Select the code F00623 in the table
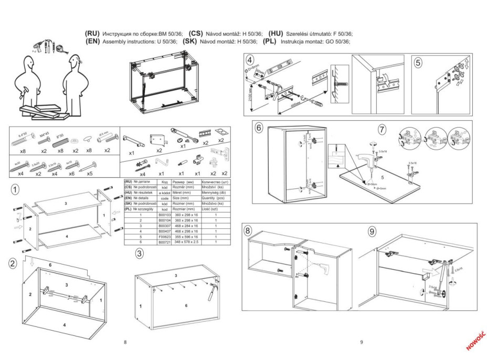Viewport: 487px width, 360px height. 164,237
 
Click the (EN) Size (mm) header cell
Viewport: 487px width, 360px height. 186,198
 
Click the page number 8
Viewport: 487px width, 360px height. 125,342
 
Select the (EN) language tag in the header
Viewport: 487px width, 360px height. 93,41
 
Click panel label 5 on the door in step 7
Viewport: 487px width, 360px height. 383,170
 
